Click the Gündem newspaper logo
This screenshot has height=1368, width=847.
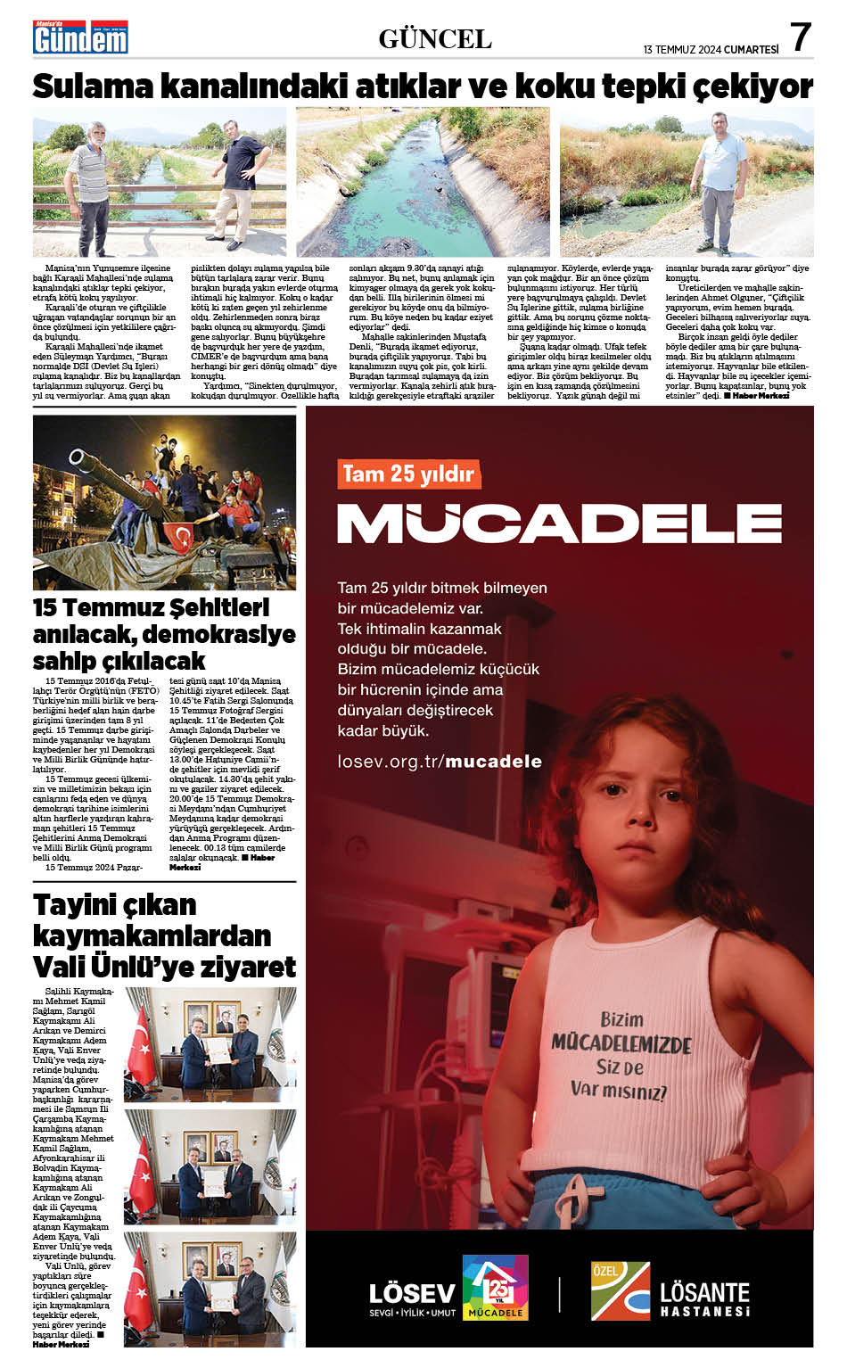(x=80, y=37)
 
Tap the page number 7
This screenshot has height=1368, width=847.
(x=801, y=37)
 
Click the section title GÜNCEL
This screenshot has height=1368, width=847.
(x=435, y=38)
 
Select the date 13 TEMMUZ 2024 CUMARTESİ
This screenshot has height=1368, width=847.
(x=711, y=50)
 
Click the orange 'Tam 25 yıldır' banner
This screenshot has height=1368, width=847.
(x=408, y=473)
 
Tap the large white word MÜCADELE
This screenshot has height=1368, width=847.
(x=559, y=523)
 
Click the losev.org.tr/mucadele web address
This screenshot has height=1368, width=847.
(x=440, y=761)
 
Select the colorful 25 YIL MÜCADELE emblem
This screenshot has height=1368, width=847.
(x=495, y=1287)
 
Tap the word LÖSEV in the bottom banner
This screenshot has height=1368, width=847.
(x=412, y=1294)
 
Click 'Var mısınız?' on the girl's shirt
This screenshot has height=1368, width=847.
(x=618, y=1090)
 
